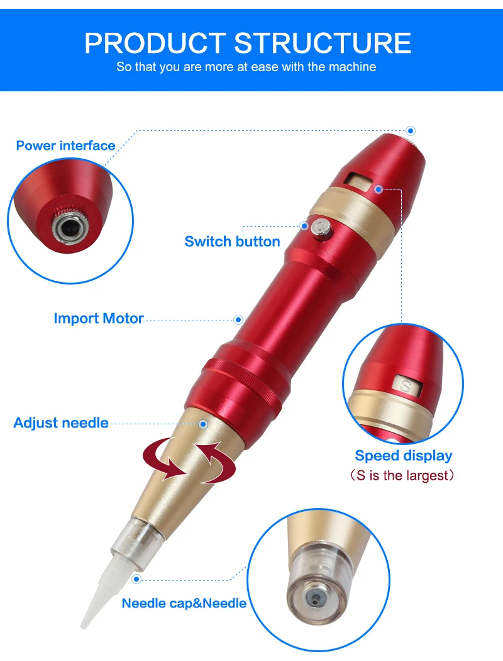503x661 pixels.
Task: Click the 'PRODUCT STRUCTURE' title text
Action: (248, 43)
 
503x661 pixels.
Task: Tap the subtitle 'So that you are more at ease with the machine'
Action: (246, 67)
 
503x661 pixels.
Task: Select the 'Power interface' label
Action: (65, 145)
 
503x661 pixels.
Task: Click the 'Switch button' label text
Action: (232, 242)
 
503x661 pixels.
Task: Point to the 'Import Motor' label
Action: (99, 319)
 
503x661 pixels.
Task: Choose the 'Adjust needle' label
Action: (61, 423)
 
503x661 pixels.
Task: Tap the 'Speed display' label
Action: (403, 456)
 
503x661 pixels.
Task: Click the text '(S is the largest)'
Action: (402, 475)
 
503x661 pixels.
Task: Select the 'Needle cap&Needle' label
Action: (184, 603)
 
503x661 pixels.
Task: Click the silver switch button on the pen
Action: (321, 229)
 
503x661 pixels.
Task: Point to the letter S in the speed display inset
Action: (406, 385)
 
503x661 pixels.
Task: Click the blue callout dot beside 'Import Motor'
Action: (238, 320)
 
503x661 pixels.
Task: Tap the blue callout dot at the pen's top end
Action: (411, 131)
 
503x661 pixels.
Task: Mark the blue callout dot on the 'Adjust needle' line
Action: (203, 424)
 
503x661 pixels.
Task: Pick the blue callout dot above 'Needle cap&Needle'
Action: (136, 579)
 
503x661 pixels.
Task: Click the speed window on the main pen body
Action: (358, 182)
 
